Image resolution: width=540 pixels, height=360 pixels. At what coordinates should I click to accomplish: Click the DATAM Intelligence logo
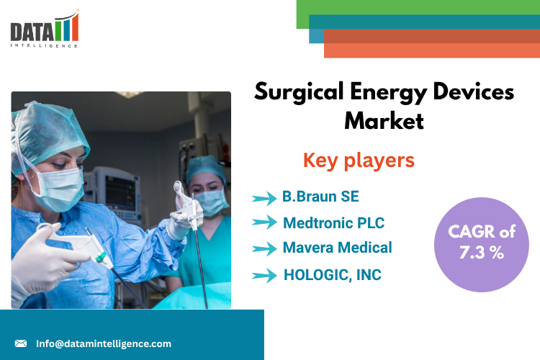click(45, 29)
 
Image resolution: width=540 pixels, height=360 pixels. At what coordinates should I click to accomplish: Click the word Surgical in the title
click(299, 92)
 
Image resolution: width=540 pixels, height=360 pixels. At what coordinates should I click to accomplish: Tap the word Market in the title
click(384, 121)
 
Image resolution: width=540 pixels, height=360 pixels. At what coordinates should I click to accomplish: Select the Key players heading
click(359, 161)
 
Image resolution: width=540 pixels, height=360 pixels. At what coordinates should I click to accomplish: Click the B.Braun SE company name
click(320, 197)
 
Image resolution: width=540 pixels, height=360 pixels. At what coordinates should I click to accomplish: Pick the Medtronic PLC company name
click(333, 223)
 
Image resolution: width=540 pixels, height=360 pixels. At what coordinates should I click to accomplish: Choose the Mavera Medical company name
click(337, 248)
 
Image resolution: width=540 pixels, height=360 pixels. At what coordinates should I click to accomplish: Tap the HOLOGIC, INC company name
click(333, 275)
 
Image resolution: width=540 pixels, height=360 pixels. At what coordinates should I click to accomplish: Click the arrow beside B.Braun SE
click(264, 198)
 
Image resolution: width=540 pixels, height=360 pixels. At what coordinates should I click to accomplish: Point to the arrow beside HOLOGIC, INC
click(264, 276)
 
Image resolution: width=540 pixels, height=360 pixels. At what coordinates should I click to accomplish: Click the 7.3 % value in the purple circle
click(482, 253)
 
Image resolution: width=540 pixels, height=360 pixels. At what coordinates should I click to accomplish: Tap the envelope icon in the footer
click(21, 343)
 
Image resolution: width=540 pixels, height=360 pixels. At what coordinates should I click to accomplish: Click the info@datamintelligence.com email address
click(104, 343)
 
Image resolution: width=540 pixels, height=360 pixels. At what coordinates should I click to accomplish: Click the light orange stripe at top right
click(432, 50)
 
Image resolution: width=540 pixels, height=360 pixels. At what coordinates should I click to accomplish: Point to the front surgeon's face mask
click(60, 189)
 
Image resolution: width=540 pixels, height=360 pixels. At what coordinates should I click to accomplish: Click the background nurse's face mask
click(211, 202)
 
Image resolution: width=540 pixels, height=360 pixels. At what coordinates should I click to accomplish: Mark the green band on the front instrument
click(101, 257)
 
